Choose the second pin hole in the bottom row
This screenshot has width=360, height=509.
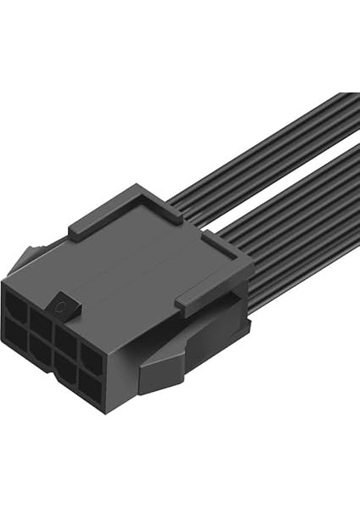40,343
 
